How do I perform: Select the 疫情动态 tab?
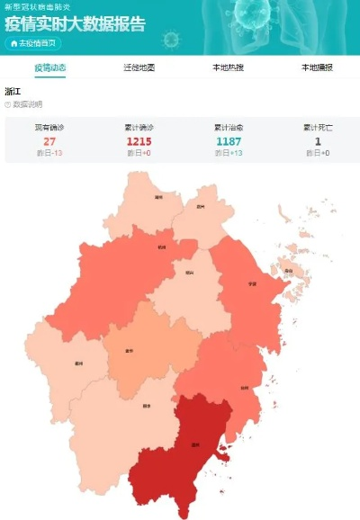pos(50,67)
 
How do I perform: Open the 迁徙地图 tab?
pos(139,67)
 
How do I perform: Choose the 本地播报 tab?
pos(317,67)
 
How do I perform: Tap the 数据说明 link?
pos(27,105)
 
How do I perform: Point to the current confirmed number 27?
pos(50,141)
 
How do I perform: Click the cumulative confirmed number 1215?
pos(139,141)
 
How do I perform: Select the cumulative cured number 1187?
pos(229,141)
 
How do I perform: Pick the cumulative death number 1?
pos(317,141)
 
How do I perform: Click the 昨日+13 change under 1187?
pos(229,154)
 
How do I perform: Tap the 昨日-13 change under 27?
pos(50,154)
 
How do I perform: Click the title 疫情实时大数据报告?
pos(76,24)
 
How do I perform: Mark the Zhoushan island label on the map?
pos(288,270)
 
